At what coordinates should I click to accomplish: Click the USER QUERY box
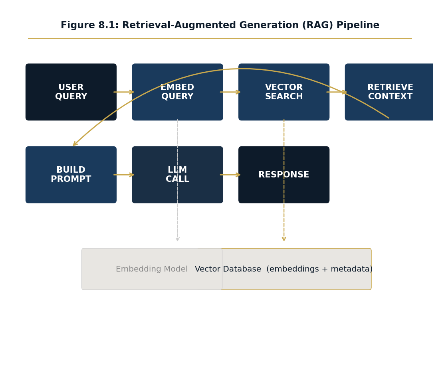[71, 92]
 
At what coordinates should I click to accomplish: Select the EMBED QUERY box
[177, 92]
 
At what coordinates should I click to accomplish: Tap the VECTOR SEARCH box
[284, 92]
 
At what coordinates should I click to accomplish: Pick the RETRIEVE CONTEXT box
[390, 92]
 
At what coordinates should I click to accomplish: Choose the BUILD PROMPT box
[71, 175]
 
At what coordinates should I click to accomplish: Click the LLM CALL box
[177, 175]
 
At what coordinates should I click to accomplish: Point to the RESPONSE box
[284, 175]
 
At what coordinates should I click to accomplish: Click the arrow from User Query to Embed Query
[124, 92]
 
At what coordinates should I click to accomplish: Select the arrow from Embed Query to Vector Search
[230, 92]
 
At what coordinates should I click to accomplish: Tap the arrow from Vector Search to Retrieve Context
[337, 92]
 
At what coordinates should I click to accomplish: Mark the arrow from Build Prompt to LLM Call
[124, 175]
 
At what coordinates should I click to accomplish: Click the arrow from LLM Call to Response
[230, 175]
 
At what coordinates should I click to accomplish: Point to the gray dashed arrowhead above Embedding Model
[178, 239]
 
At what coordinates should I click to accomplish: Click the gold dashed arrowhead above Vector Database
[284, 239]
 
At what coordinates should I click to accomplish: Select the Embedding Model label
[152, 269]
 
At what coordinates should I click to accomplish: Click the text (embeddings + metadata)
[319, 269]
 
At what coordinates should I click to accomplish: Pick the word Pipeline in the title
[358, 25]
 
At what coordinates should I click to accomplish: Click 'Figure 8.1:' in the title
[90, 25]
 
